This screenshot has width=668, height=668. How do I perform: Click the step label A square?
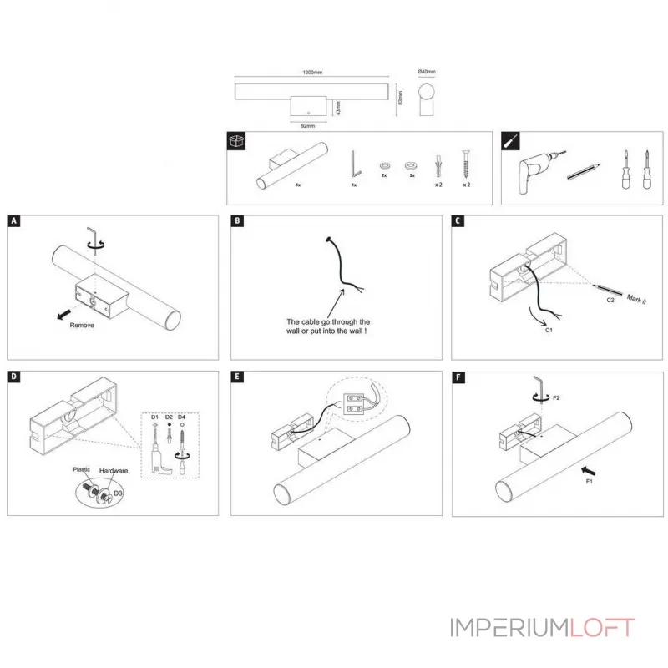click(x=13, y=222)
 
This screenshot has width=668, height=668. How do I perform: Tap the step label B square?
click(x=237, y=222)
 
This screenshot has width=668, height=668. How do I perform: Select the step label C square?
click(x=458, y=222)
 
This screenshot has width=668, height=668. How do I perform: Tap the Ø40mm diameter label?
click(x=426, y=72)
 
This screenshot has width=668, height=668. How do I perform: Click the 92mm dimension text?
click(x=307, y=126)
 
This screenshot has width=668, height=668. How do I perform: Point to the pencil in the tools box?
click(x=584, y=172)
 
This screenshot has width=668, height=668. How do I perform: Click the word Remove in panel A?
click(x=82, y=325)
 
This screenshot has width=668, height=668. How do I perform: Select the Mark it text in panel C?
click(x=635, y=298)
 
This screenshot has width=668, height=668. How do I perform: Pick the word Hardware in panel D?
click(x=113, y=472)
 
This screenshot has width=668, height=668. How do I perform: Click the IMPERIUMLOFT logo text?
click(x=543, y=628)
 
